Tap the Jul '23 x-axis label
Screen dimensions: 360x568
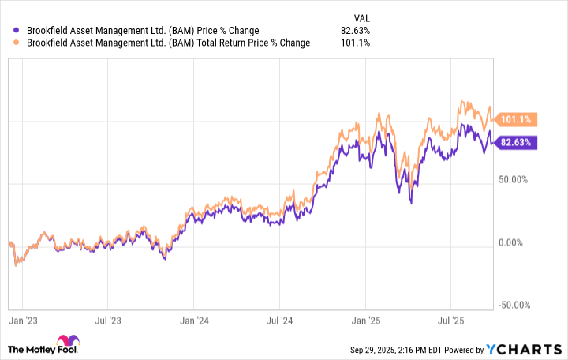[107, 321]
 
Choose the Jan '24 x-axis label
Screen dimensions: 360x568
[193, 321]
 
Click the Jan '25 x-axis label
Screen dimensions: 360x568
[364, 321]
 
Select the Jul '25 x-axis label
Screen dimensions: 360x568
[450, 321]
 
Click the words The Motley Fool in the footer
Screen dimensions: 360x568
[58, 349]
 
